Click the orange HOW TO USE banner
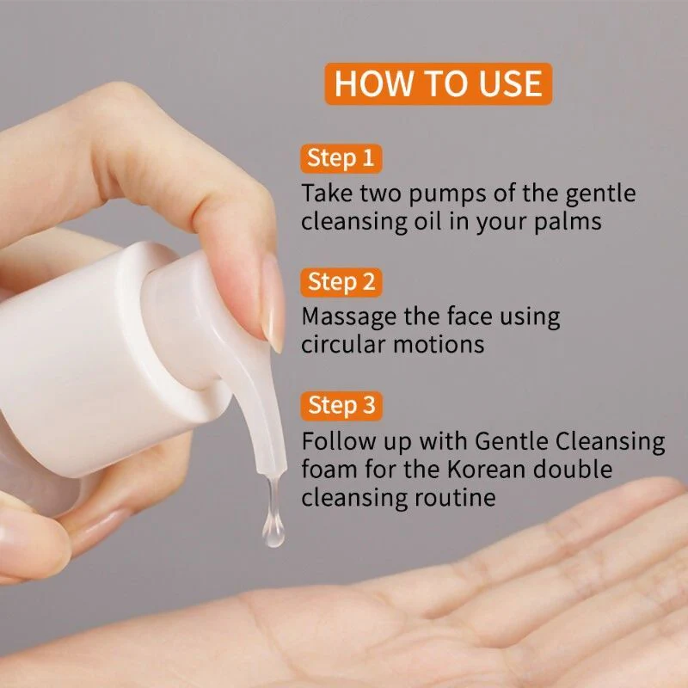439,83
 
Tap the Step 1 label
341,158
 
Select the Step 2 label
341,282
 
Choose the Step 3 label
341,405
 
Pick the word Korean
486,469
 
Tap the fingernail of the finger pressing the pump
273,303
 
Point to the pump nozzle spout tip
273,470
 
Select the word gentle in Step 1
599,194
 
